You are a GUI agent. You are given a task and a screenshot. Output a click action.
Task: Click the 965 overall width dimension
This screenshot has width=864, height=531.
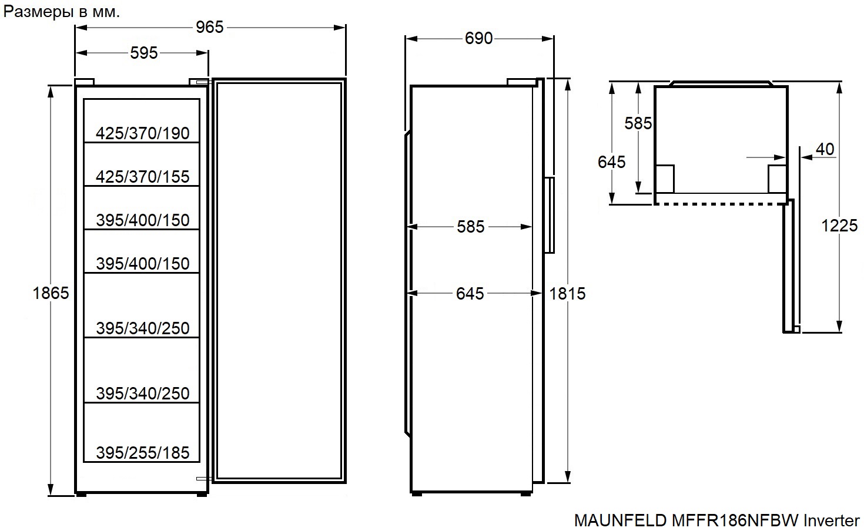pos(209,27)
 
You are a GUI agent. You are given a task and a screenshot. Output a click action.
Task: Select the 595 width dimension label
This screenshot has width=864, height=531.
pos(144,53)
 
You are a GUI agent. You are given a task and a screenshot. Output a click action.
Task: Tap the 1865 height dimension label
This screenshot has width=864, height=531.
pos(51,293)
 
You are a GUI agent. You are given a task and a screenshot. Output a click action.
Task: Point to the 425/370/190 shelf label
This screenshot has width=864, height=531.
pos(142,133)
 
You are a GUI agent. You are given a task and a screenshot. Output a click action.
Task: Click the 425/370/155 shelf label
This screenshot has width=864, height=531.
pos(142,177)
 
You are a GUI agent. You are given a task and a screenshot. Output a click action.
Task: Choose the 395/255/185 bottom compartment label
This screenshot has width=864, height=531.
pos(142,453)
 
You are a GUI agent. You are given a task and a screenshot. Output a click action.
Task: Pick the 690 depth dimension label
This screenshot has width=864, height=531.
pos(478,39)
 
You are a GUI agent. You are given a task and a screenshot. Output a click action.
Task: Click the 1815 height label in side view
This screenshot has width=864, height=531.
pos(567,294)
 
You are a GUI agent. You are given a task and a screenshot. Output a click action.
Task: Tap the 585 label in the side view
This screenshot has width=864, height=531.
pos(471,227)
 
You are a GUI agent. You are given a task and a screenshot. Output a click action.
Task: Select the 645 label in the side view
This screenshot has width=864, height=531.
pos(470,294)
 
